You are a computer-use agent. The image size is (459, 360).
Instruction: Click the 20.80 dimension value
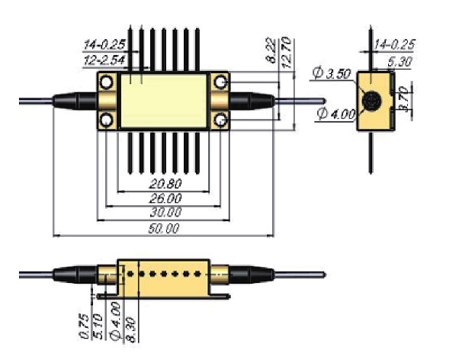click(x=165, y=185)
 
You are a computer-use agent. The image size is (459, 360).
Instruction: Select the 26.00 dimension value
click(x=165, y=198)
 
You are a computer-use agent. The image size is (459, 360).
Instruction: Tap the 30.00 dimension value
click(x=165, y=213)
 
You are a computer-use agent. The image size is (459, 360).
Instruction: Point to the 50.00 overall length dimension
click(x=163, y=228)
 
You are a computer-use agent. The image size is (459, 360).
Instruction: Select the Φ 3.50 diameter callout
click(x=330, y=73)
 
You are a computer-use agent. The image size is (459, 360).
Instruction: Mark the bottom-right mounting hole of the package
click(x=222, y=119)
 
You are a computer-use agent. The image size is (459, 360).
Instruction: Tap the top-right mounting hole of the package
click(x=222, y=82)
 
